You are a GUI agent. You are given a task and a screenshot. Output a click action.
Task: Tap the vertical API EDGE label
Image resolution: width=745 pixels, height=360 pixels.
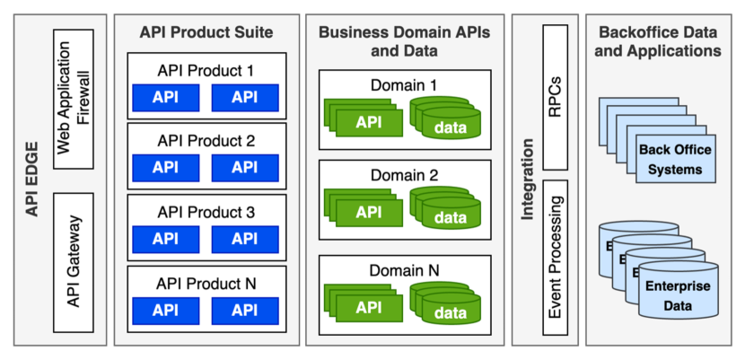[32, 180]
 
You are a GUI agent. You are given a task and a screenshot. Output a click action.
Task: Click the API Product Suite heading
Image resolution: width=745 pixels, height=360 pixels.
[206, 32]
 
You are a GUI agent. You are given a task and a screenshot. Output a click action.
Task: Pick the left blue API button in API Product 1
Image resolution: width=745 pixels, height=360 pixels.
[165, 97]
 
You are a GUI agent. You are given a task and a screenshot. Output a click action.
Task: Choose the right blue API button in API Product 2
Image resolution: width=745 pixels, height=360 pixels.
[244, 167]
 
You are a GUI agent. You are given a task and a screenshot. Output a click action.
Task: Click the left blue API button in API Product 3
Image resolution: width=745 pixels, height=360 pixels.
[165, 239]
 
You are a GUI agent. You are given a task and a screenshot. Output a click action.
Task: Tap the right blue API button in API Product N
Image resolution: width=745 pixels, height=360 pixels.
[244, 310]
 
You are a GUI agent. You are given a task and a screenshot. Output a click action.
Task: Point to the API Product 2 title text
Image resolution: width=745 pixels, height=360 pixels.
[206, 140]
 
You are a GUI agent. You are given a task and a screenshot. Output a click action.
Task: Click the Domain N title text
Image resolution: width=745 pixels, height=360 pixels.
[404, 269]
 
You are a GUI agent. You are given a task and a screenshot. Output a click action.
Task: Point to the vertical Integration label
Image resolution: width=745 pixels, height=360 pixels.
[527, 180]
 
